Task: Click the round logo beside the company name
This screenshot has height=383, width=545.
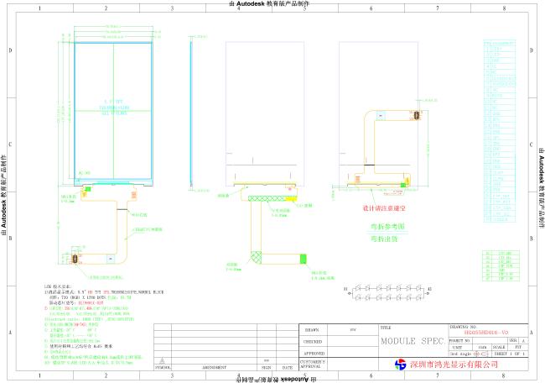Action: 401,365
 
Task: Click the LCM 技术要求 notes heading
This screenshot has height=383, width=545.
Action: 58,287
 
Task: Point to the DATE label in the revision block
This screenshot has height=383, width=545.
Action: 288,367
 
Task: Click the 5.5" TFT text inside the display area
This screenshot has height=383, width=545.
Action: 112,102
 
